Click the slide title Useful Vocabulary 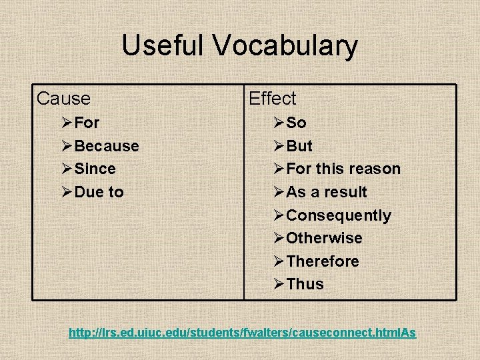[x=239, y=46]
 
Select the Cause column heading [x=63, y=99]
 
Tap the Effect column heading [x=272, y=99]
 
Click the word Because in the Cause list [x=107, y=146]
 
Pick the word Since [x=95, y=169]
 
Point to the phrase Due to [x=99, y=192]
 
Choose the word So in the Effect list [x=296, y=123]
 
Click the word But [x=299, y=146]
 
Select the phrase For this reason [x=343, y=169]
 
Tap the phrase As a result [x=327, y=192]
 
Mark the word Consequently [x=339, y=215]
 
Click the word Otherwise [x=324, y=238]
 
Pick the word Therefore [x=323, y=261]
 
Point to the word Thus [x=305, y=284]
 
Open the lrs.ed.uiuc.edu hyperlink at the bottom [x=242, y=332]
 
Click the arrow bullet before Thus [x=279, y=284]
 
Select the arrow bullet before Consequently [x=279, y=215]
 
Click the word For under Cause [x=87, y=123]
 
